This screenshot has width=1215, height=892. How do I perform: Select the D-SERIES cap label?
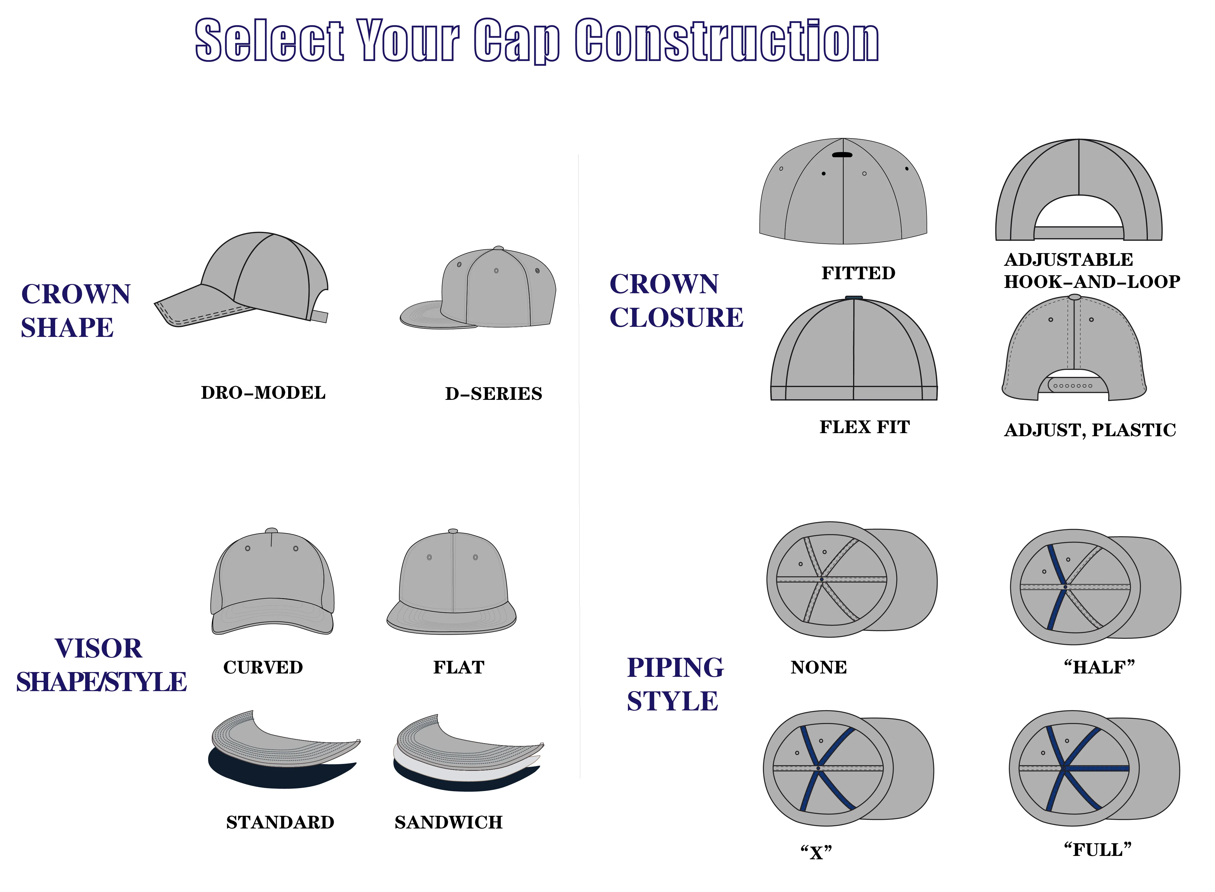pyautogui.click(x=493, y=394)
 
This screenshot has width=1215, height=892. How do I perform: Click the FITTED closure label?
pyautogui.click(x=858, y=273)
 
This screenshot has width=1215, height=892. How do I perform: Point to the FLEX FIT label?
pyautogui.click(x=864, y=427)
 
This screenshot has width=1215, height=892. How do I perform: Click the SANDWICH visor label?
pyautogui.click(x=448, y=822)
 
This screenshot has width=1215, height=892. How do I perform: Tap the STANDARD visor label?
pyautogui.click(x=280, y=822)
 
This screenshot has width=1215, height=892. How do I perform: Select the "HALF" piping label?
pyautogui.click(x=1099, y=667)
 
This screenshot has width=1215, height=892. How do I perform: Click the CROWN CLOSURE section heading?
pyautogui.click(x=676, y=301)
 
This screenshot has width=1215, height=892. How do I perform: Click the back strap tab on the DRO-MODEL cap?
pyautogui.click(x=319, y=317)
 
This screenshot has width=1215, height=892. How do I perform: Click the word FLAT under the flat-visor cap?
pyautogui.click(x=459, y=667)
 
